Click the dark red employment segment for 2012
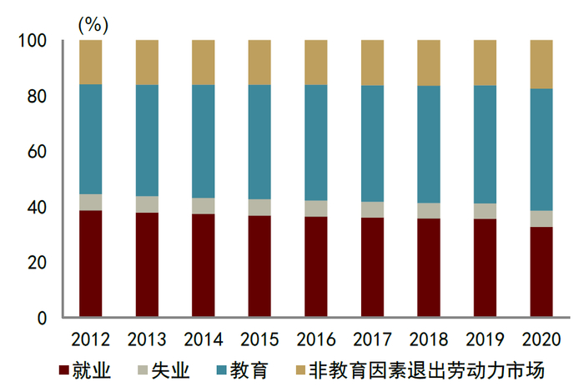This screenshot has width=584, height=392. click(x=90, y=264)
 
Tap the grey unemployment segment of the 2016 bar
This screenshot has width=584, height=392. click(x=315, y=209)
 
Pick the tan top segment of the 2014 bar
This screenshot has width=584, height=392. click(x=203, y=63)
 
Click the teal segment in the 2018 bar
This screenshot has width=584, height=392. click(x=429, y=144)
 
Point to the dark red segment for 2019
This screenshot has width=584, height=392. click(x=486, y=268)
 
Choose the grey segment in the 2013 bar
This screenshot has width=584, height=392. click(x=147, y=204)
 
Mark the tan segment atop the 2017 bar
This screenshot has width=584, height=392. click(x=372, y=63)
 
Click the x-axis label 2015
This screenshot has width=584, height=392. click(x=259, y=339)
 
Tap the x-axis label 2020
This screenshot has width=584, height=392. click(x=541, y=339)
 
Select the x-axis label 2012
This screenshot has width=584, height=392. click(x=90, y=339)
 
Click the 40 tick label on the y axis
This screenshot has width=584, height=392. click(x=37, y=208)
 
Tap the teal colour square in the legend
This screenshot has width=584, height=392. click(x=224, y=369)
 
